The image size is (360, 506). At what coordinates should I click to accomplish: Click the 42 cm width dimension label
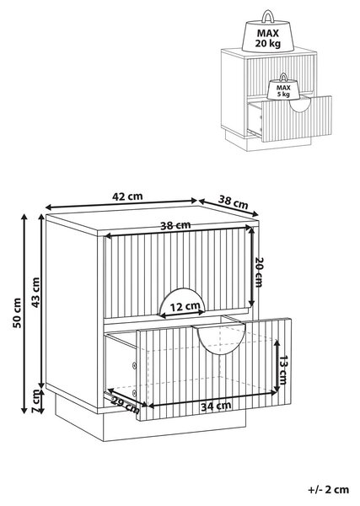point(127,196)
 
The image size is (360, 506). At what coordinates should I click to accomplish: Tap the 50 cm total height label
point(17,313)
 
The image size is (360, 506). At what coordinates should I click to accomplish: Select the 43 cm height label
point(35,293)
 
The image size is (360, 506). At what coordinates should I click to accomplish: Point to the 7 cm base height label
point(35,401)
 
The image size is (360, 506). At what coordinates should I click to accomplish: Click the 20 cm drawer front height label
point(259,272)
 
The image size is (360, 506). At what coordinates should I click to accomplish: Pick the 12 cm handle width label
point(185,306)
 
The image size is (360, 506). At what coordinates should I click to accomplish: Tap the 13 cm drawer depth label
point(283,370)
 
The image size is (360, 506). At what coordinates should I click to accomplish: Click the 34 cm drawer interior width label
point(216,406)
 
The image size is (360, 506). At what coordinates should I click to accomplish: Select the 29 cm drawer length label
point(126,406)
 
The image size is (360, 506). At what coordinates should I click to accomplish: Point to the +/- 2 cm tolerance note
point(329,489)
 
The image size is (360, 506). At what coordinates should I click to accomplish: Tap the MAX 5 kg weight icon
point(283,87)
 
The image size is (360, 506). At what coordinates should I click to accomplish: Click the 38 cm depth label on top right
point(234,202)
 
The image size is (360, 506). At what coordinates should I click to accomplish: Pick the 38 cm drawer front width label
point(175,225)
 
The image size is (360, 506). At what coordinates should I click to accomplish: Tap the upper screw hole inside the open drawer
point(135,365)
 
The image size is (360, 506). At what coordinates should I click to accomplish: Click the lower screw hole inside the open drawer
point(135,393)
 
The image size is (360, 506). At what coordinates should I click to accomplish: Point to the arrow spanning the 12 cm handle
point(182,312)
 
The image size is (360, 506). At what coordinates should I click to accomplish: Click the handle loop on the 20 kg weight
point(268,16)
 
